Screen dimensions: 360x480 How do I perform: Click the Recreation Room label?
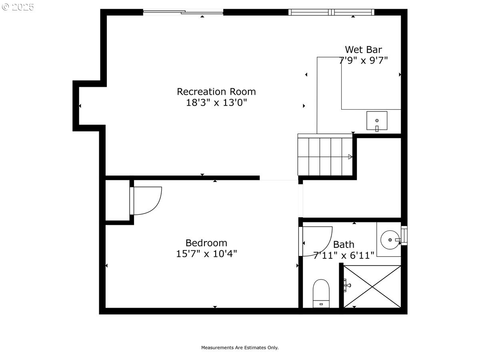tap(216, 92)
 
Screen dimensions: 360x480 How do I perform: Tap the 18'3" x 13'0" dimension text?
tap(216, 103)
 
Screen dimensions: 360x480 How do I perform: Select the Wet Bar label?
tap(363, 50)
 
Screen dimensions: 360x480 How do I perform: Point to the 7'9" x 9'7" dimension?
tap(363, 60)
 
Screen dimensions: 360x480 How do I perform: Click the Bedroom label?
tap(206, 243)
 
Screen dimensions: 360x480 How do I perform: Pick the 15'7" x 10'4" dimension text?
tap(206, 254)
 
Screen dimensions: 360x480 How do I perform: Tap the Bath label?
tap(344, 244)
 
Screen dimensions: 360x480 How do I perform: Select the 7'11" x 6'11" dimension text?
tap(344, 255)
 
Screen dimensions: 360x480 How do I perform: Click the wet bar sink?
tap(377, 121)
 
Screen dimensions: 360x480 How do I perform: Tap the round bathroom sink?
tap(390, 240)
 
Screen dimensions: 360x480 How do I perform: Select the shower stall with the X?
tap(372, 286)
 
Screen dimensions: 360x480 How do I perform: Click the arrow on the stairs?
tap(350, 157)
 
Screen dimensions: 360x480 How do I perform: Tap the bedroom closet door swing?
tap(147, 201)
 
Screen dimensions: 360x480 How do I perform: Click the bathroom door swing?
tap(317, 241)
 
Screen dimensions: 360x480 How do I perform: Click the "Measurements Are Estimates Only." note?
tap(240, 348)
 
